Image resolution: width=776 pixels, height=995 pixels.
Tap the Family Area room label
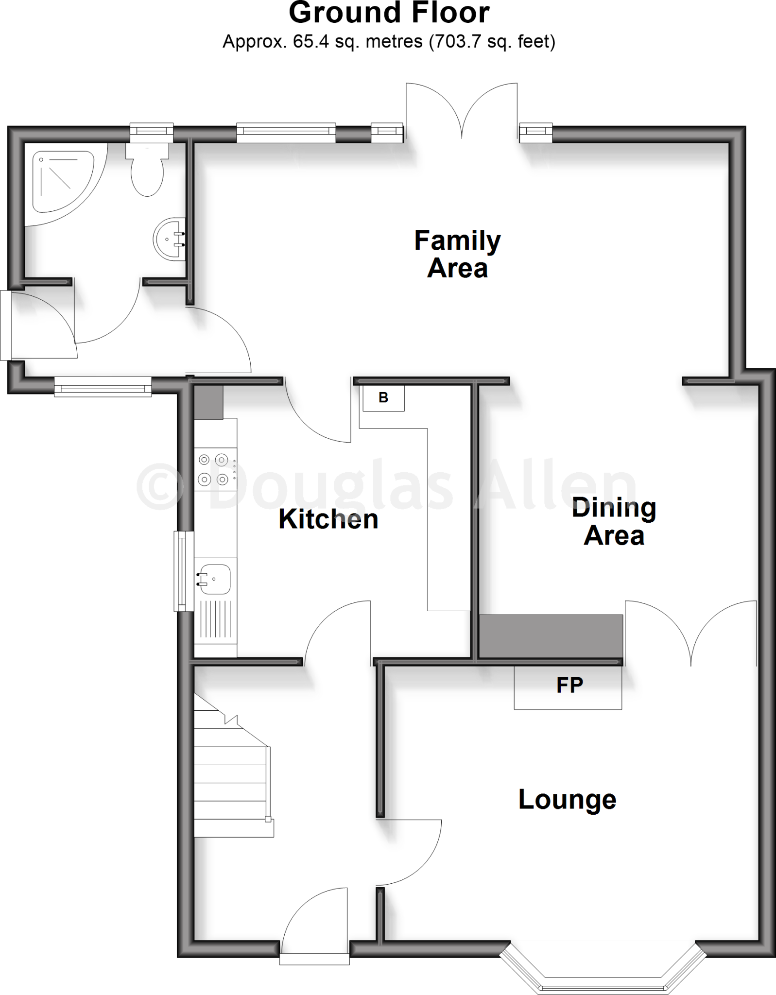click(457, 254)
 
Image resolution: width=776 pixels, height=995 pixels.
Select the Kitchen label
click(328, 519)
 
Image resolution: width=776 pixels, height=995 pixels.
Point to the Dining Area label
click(614, 521)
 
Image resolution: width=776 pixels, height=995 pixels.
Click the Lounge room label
click(567, 800)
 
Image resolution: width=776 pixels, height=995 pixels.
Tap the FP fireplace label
click(569, 685)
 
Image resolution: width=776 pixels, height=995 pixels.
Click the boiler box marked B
click(383, 398)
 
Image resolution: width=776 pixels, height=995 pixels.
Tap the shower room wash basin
click(170, 239)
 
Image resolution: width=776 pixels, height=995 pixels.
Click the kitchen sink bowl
click(213, 579)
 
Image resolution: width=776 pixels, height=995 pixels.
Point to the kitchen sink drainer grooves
click(215, 619)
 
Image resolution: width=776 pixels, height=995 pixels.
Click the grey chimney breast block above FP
click(551, 636)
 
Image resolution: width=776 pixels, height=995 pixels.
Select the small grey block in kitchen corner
click(208, 402)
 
